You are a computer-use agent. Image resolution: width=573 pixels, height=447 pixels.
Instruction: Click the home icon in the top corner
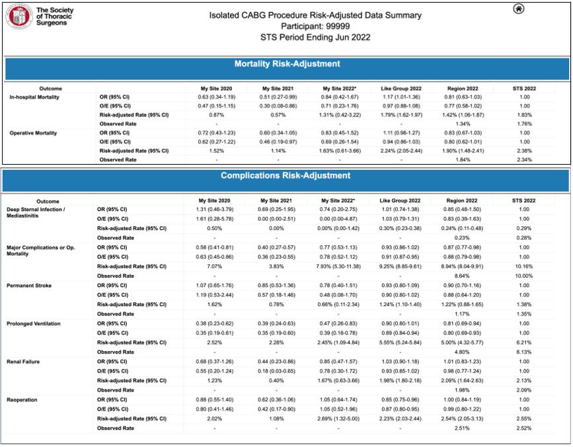click(519, 9)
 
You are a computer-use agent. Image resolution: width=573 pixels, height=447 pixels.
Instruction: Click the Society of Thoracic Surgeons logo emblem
click(19, 16)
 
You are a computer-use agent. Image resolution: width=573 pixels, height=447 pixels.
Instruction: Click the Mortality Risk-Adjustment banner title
click(287, 64)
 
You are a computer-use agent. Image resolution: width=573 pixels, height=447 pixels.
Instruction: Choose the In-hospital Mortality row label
click(34, 97)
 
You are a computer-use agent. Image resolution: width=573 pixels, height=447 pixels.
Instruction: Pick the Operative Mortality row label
click(32, 133)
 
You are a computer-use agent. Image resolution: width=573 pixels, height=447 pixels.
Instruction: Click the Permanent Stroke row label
click(29, 285)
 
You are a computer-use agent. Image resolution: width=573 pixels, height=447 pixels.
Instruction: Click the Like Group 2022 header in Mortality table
click(401, 88)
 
